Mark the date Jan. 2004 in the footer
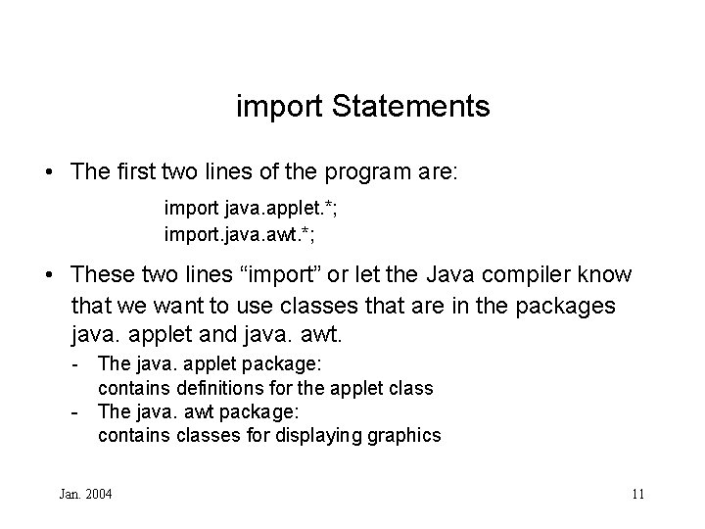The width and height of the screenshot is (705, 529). (x=85, y=494)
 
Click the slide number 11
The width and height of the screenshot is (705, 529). (x=637, y=494)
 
